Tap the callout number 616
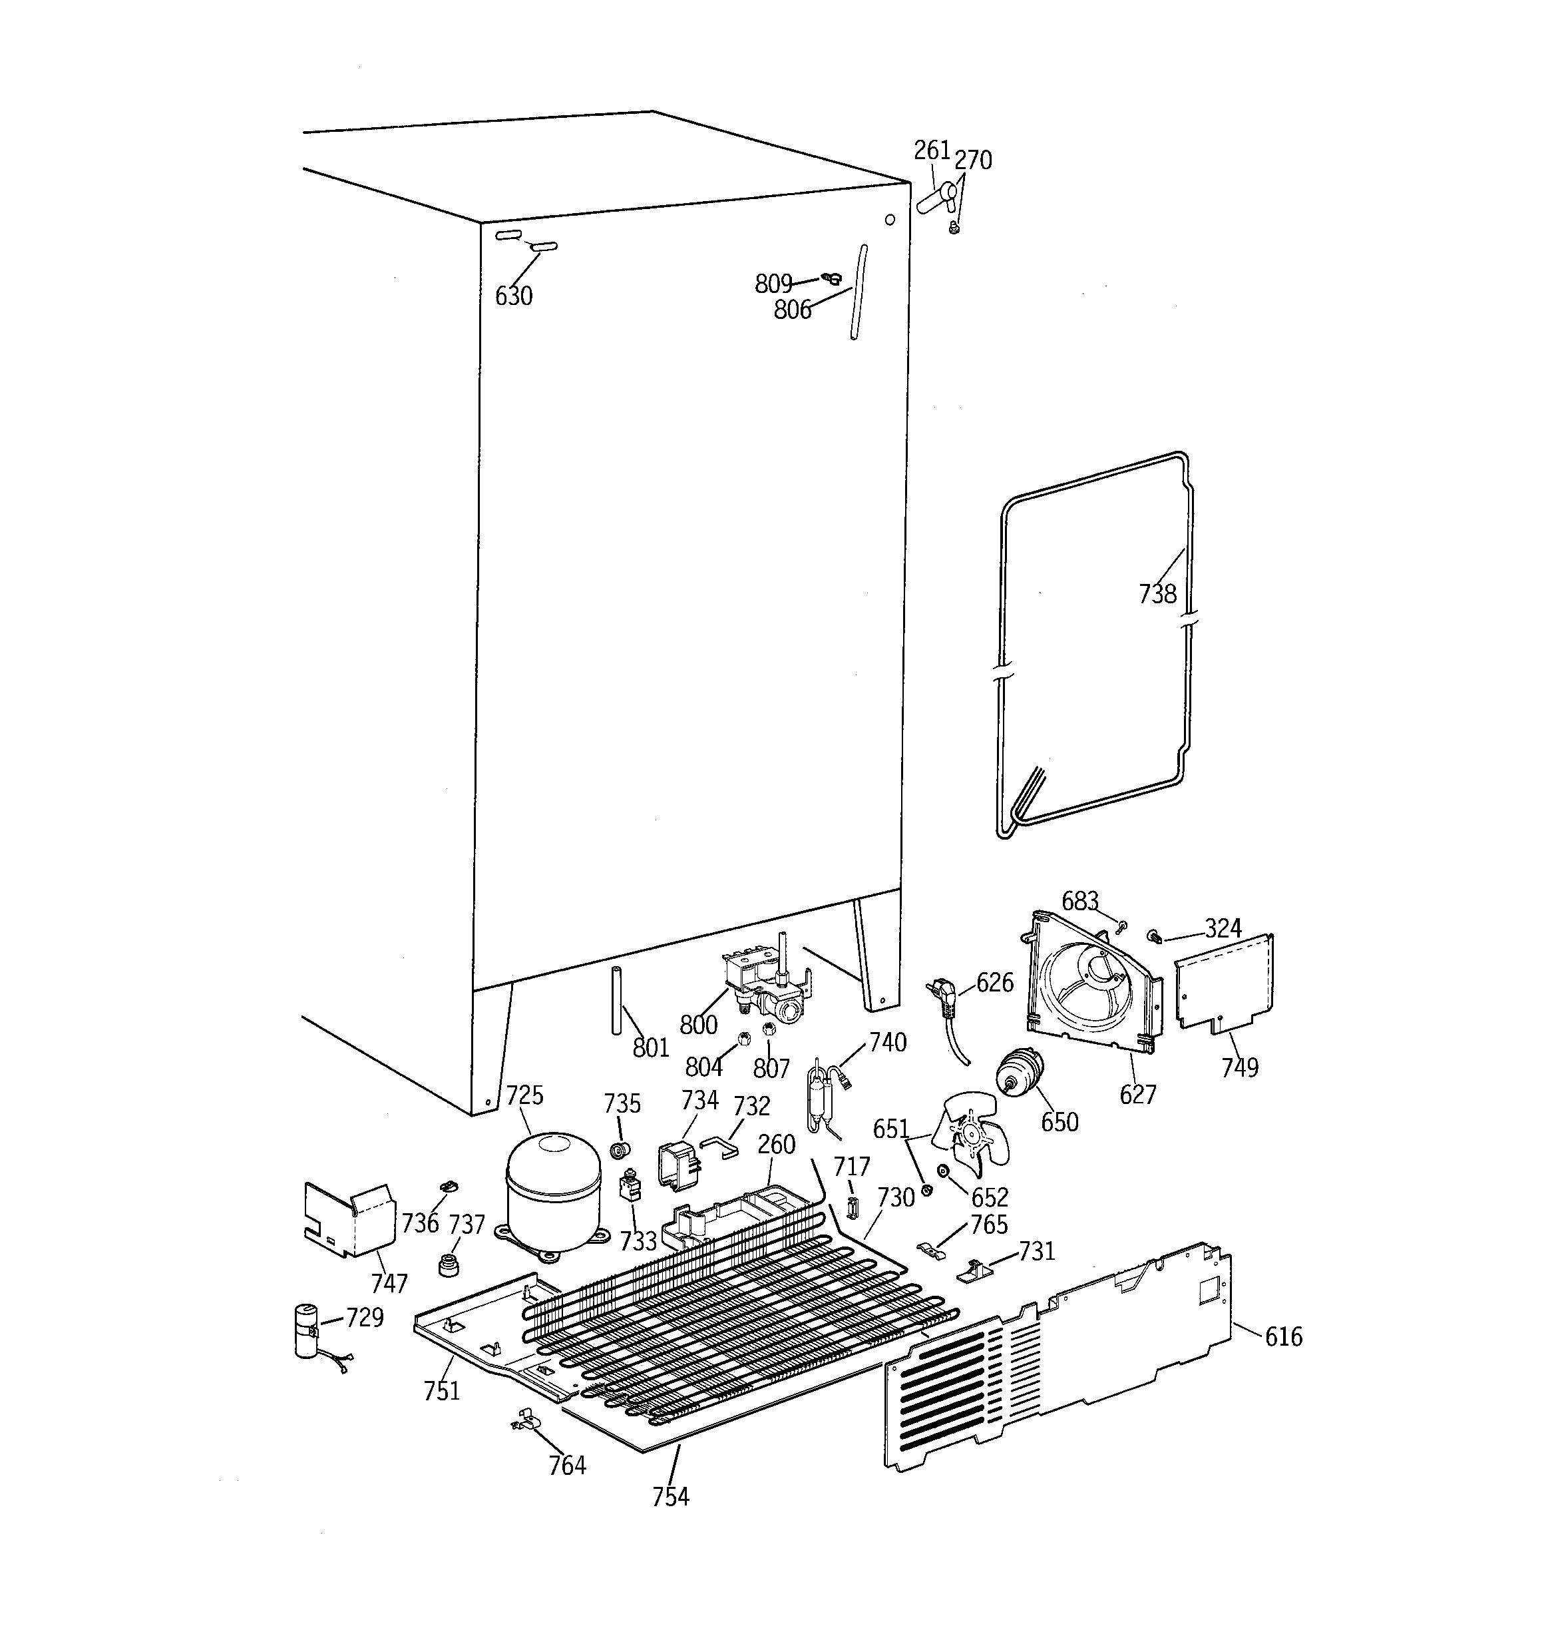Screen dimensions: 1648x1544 coord(1283,1336)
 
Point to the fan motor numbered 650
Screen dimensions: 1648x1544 coord(1020,1073)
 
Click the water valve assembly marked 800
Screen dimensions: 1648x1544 coord(767,987)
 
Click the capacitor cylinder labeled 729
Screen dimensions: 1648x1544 coord(306,1330)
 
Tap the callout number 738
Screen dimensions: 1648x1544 coord(1157,593)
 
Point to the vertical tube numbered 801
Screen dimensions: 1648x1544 coord(617,999)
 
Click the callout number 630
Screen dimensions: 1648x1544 coord(514,296)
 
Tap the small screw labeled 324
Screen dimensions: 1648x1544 coord(1153,936)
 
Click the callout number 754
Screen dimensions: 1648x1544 coord(670,1496)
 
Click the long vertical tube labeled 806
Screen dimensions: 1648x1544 coord(858,292)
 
